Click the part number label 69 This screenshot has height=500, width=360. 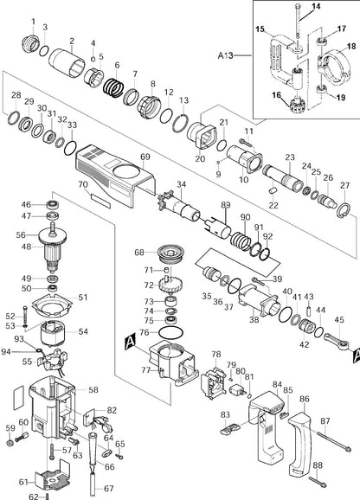click(x=145, y=157)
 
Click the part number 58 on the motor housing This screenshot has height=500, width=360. click(x=93, y=391)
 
